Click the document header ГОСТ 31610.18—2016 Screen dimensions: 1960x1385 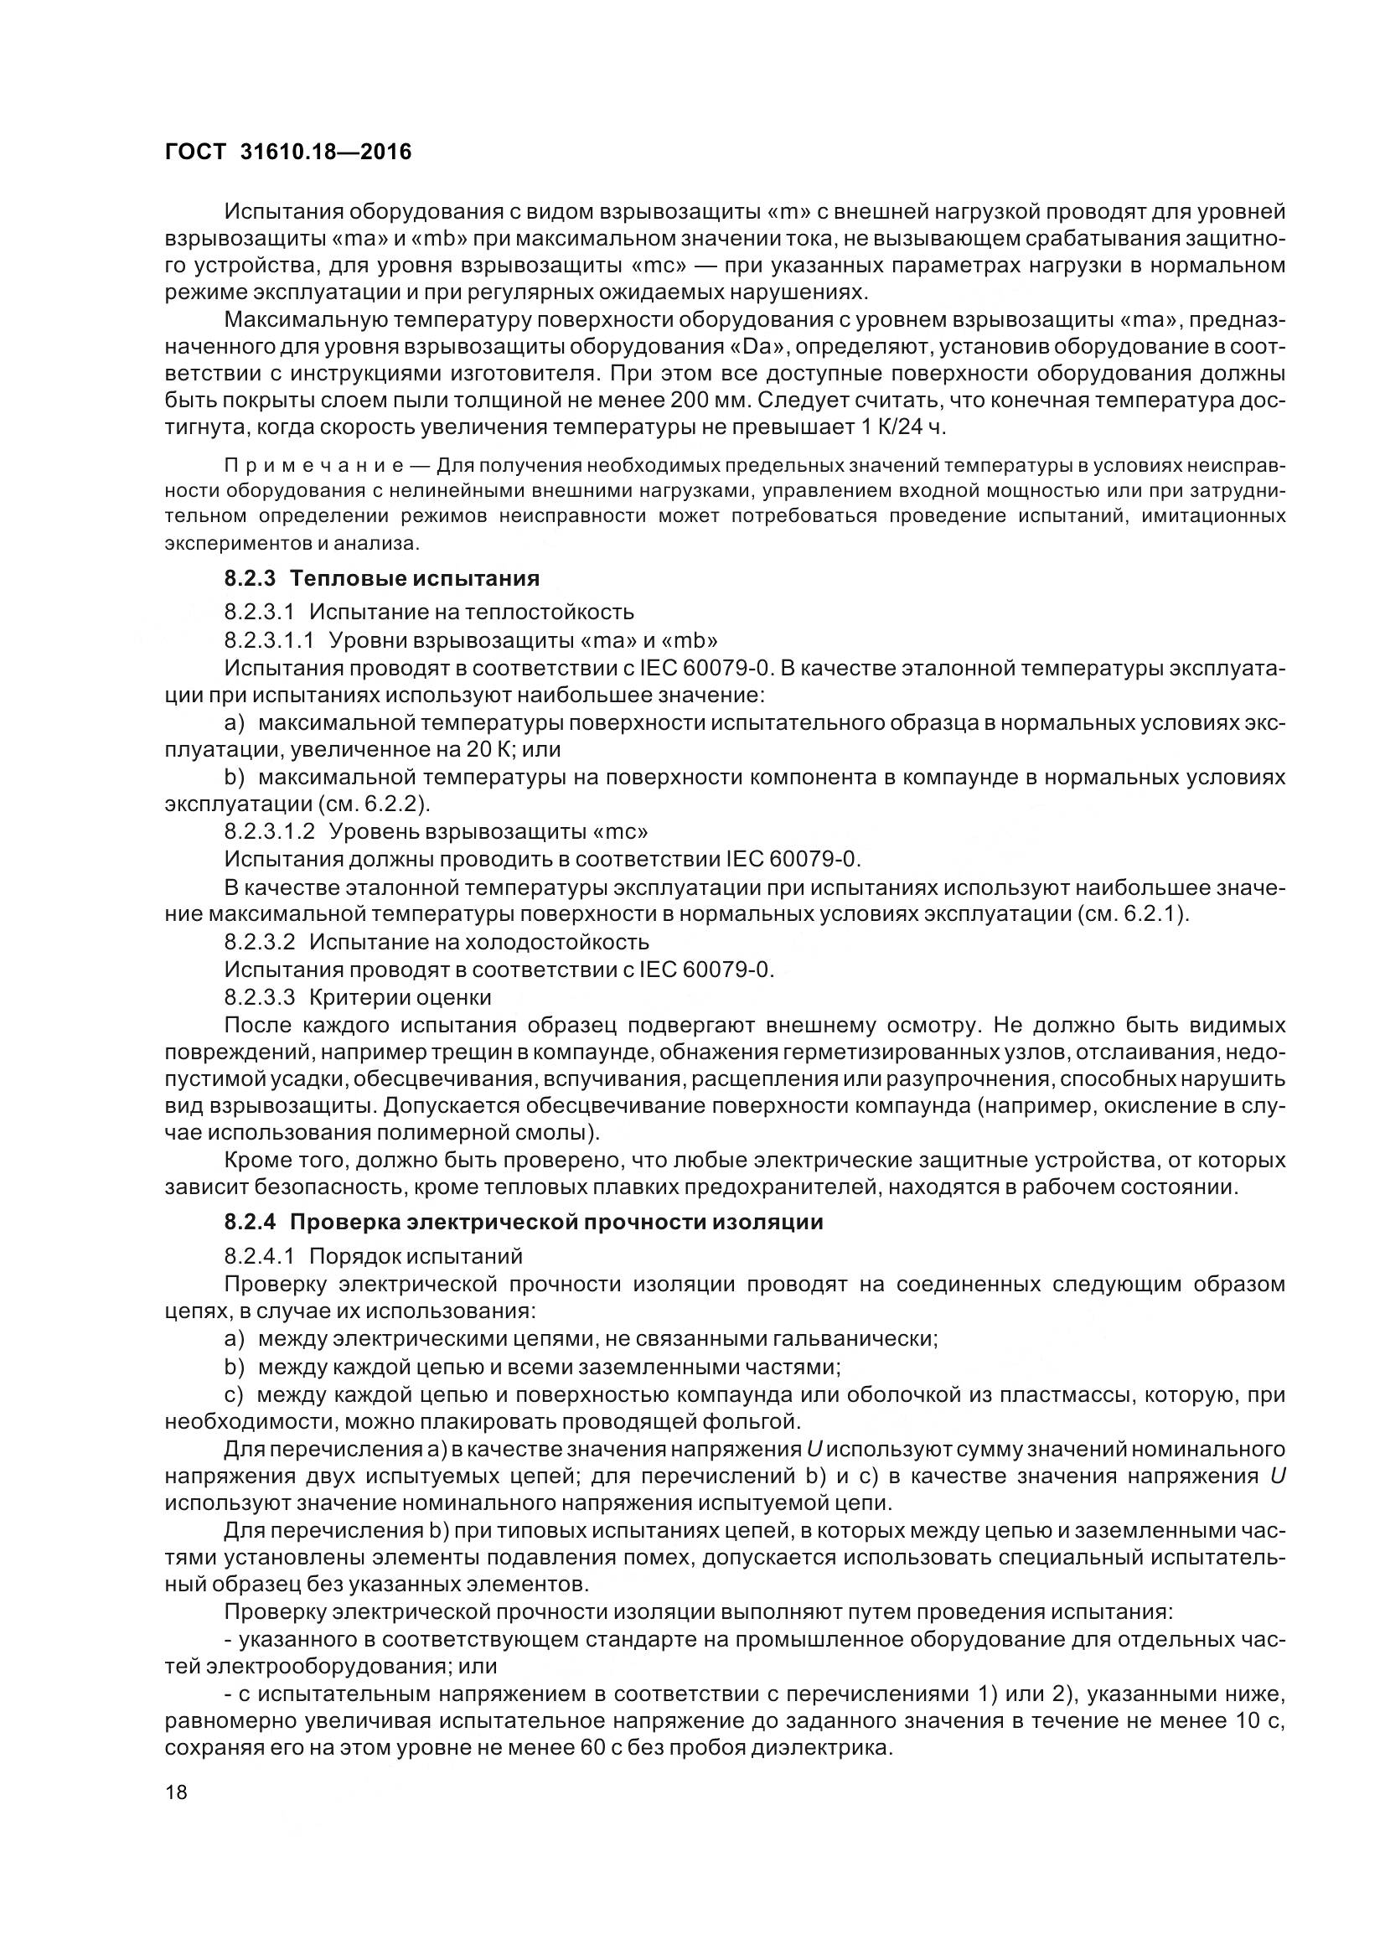287,152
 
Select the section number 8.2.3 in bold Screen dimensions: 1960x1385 250,578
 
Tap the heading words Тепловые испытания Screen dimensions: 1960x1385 415,578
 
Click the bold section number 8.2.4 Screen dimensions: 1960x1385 250,1222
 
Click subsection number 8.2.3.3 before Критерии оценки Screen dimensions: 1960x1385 260,996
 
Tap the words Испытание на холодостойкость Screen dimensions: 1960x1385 478,942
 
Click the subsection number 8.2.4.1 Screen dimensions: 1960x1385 260,1256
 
